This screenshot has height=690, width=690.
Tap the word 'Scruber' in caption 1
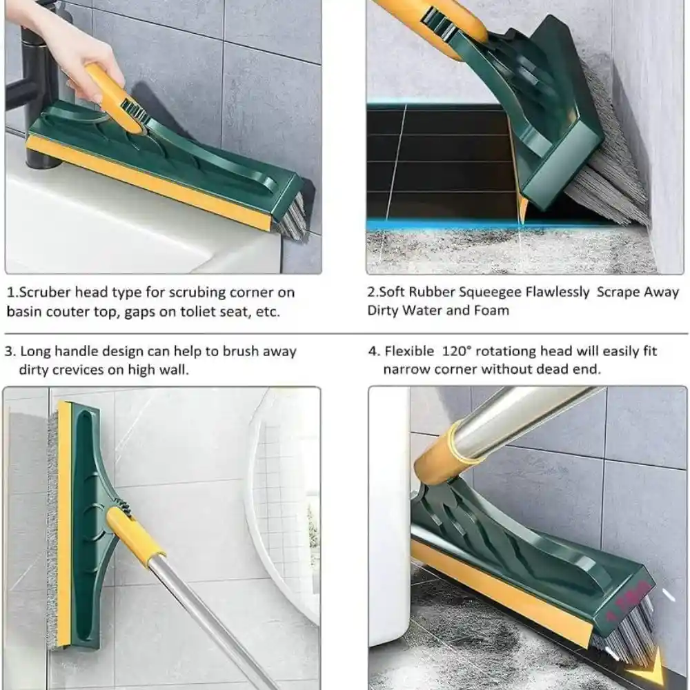(x=44, y=293)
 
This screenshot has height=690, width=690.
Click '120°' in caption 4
(x=456, y=351)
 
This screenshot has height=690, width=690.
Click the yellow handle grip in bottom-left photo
(x=135, y=535)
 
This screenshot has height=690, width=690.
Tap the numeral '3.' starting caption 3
(x=10, y=352)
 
